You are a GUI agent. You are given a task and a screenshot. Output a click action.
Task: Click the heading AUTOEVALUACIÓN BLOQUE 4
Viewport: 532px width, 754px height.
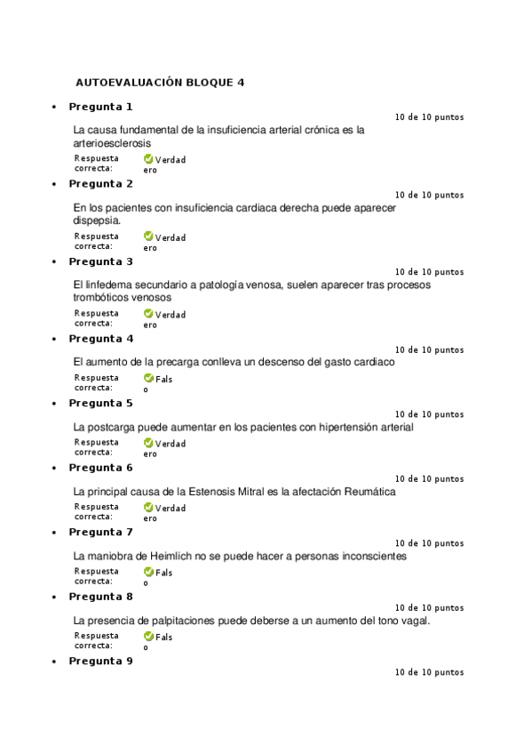pyautogui.click(x=160, y=83)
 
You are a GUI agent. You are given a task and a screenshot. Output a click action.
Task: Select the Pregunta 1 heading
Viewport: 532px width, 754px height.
pyautogui.click(x=100, y=107)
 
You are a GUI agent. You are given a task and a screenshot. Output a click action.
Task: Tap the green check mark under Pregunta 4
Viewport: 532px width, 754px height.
pyautogui.click(x=148, y=379)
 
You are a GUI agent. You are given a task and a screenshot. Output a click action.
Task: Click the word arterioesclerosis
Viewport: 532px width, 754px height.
pyautogui.click(x=112, y=142)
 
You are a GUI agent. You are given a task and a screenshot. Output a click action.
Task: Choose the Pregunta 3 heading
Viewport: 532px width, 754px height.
pyautogui.click(x=100, y=261)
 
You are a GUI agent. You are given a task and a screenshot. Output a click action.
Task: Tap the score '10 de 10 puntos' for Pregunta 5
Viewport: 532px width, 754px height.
pyautogui.click(x=429, y=414)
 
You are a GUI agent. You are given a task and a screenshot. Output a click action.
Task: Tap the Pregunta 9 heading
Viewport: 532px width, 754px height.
pyautogui.click(x=100, y=661)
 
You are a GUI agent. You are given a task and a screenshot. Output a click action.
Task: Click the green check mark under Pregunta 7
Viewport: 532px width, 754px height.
pyautogui.click(x=148, y=573)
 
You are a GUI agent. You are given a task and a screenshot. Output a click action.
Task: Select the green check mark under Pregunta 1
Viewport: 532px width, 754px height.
pyautogui.click(x=148, y=160)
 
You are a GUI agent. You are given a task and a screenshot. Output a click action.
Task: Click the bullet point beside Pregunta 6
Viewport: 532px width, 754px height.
pyautogui.click(x=54, y=469)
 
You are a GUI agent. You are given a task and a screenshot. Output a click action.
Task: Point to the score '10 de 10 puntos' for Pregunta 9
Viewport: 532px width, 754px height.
pyautogui.click(x=429, y=672)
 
